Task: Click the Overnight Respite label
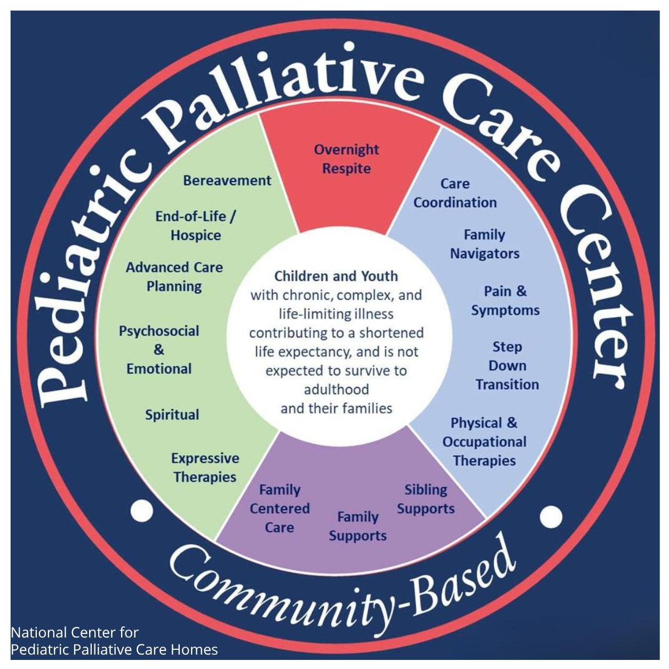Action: click(x=346, y=159)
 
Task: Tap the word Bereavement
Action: click(x=227, y=180)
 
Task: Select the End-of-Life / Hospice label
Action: click(x=195, y=226)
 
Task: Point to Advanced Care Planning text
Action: click(x=174, y=277)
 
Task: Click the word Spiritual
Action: click(x=172, y=415)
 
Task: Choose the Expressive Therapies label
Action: click(x=205, y=468)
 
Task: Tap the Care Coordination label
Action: click(x=455, y=193)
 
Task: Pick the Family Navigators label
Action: click(x=484, y=244)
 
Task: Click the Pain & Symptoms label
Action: click(x=505, y=301)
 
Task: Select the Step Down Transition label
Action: click(x=507, y=365)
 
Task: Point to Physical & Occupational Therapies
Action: click(x=484, y=442)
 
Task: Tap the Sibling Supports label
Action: click(x=426, y=499)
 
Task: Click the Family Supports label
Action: click(x=357, y=526)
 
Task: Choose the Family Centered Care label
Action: click(x=280, y=508)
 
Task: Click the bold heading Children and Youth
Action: click(x=336, y=276)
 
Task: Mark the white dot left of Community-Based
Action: click(x=142, y=511)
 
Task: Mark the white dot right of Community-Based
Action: click(x=551, y=516)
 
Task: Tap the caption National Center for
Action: click(x=75, y=633)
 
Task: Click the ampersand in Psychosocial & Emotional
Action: click(x=158, y=349)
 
